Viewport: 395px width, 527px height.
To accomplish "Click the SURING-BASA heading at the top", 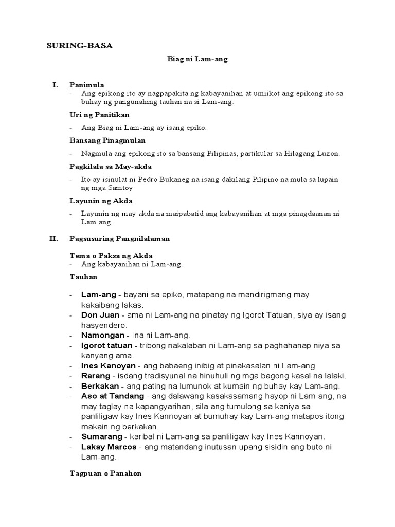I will pos(80,46).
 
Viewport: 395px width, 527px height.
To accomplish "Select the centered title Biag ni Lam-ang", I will pos(197,59).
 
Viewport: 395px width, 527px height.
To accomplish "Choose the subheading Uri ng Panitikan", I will pos(99,114).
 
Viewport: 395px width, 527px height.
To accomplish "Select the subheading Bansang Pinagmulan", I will pos(107,140).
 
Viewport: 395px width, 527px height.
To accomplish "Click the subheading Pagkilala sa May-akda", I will pos(111,166).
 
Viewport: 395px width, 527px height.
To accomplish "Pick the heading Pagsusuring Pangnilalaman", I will pos(119,239).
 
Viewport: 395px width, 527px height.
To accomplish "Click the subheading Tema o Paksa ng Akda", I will pos(111,255).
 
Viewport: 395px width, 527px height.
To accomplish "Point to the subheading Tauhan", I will pos(83,277).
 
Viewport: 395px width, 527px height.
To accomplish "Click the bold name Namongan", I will pos(102,335).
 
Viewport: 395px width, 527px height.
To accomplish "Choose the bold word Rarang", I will pos(95,376).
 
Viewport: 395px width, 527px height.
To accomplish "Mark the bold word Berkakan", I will pos(100,386).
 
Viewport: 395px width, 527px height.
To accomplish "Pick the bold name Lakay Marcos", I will pos(110,446).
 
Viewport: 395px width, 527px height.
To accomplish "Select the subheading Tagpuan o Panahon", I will pos(105,473).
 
